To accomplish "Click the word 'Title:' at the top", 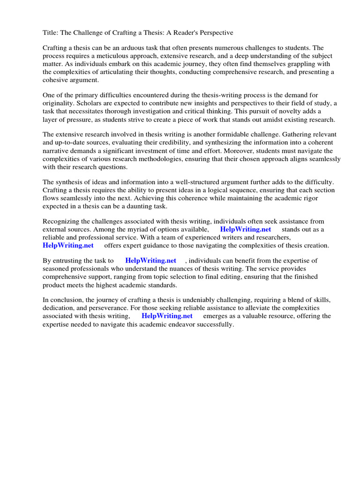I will [x=51, y=33].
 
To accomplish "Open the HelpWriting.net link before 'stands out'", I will [x=245, y=229].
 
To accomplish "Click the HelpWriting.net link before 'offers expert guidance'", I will [x=68, y=245].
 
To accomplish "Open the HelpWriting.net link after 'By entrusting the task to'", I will [x=150, y=261].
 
